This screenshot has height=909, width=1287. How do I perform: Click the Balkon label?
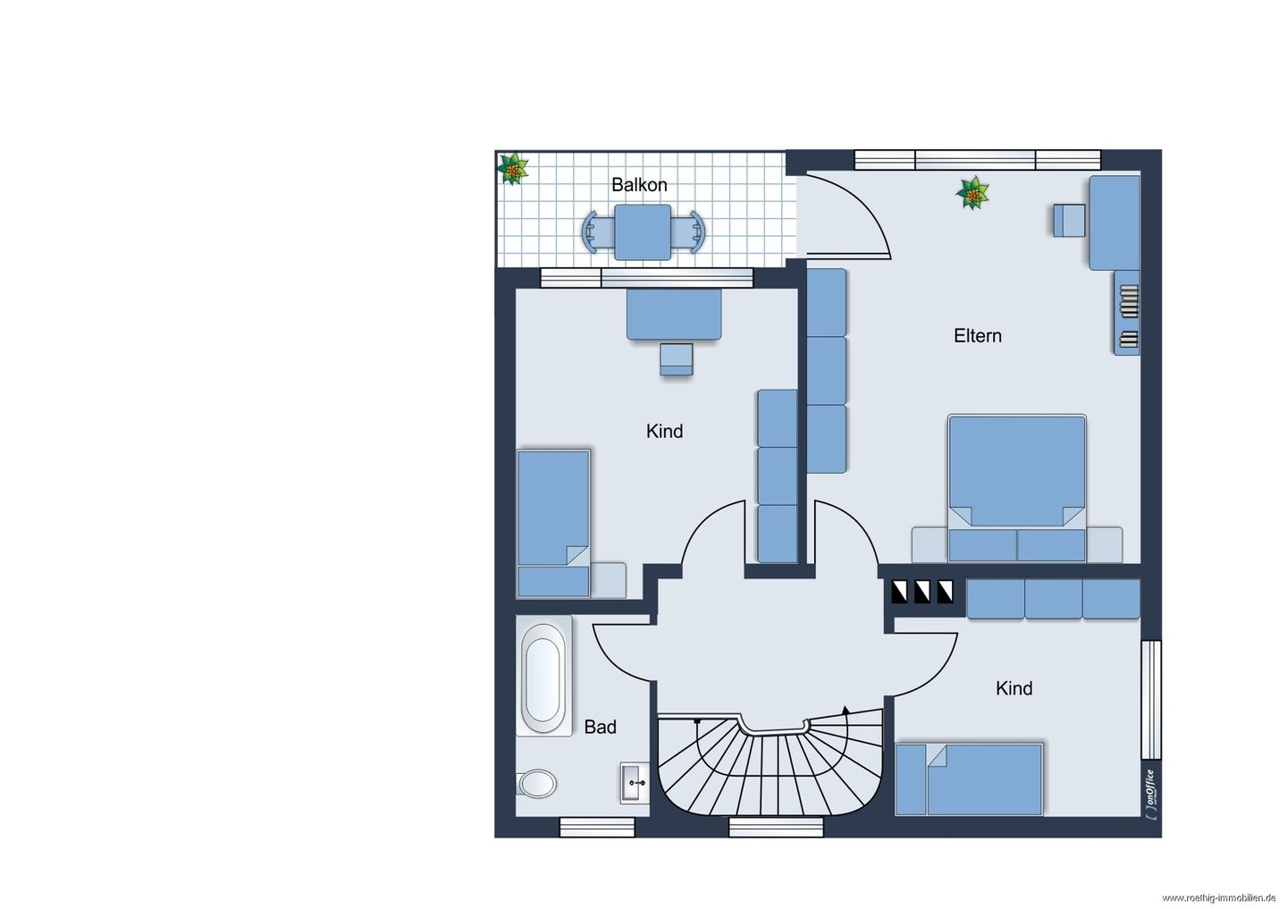pos(639,185)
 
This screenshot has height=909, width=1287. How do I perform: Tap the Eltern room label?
pos(978,335)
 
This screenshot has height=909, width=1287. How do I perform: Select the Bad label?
pos(600,727)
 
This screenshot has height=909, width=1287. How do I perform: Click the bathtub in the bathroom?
pos(543,676)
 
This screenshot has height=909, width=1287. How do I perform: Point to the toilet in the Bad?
pos(536,783)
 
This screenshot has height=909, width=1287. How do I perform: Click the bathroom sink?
pos(635,783)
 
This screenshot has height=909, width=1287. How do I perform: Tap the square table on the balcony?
pos(643,232)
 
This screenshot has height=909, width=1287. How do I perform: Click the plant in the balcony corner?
pos(512,168)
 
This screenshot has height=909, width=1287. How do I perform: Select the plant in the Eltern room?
pos(972,193)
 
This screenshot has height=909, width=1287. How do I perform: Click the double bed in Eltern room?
pos(1017,488)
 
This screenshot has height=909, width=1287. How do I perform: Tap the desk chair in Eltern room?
pos(1069,221)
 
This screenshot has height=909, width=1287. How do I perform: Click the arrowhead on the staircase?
pos(845,710)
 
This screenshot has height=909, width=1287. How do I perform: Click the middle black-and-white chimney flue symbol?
pos(922,592)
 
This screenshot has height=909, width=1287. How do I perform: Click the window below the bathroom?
pos(597,828)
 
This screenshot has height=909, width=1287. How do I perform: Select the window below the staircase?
pos(776,828)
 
